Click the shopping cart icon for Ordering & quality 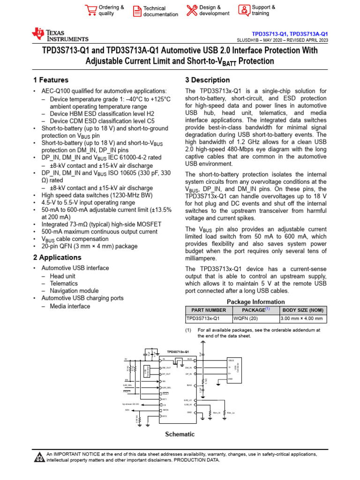tap(90, 10)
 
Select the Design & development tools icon tap(192, 10)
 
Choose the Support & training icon tap(244, 10)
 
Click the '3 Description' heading tap(208, 80)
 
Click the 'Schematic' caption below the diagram tap(180, 434)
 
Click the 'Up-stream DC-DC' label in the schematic tap(131, 404)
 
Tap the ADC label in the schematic tap(127, 410)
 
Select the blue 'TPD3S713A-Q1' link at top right tap(309, 34)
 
